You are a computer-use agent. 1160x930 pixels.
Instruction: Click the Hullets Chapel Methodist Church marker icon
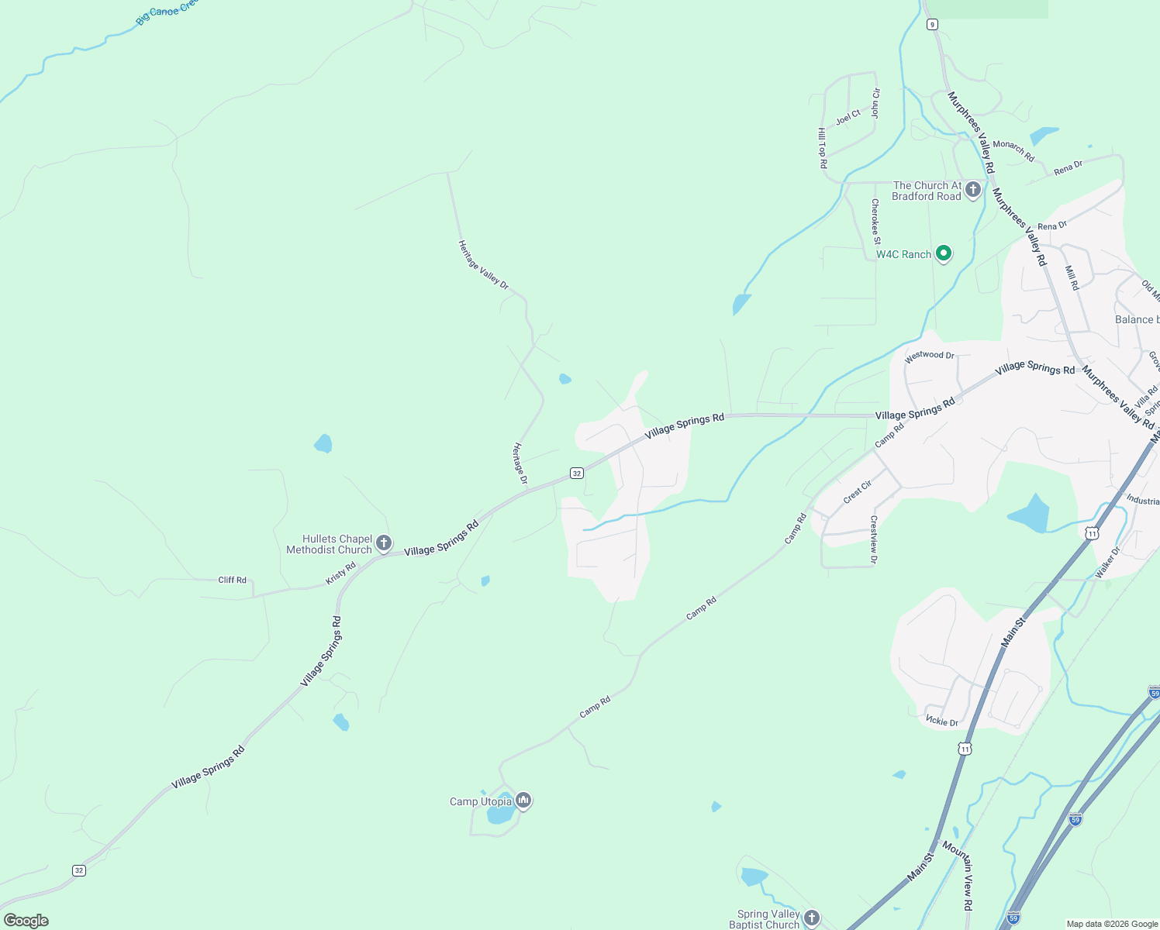click(384, 543)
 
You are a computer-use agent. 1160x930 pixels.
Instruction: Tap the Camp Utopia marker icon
click(523, 800)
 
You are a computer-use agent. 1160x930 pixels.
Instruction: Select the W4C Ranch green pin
click(944, 253)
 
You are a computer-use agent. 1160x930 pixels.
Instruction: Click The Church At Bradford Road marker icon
click(973, 189)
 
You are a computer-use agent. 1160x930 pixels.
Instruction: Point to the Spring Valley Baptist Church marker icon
click(811, 918)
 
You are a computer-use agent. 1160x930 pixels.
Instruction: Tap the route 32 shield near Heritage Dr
click(576, 473)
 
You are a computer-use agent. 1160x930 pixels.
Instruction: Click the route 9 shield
click(932, 24)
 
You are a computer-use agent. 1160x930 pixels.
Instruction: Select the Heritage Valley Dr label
click(483, 265)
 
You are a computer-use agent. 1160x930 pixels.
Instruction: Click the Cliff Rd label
click(232, 580)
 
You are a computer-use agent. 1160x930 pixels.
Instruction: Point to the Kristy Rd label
click(340, 573)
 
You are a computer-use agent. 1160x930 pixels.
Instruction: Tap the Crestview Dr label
click(874, 539)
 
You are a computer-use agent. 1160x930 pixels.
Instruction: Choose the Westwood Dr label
click(930, 356)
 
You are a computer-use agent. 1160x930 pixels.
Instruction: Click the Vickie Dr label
click(942, 722)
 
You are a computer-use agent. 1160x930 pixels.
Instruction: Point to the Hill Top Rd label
click(822, 148)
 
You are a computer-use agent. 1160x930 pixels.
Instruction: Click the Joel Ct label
click(848, 117)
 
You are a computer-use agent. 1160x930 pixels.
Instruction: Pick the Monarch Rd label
click(1013, 150)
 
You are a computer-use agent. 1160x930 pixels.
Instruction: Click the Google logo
click(26, 921)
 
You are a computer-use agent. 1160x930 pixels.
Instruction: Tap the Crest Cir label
click(858, 491)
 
